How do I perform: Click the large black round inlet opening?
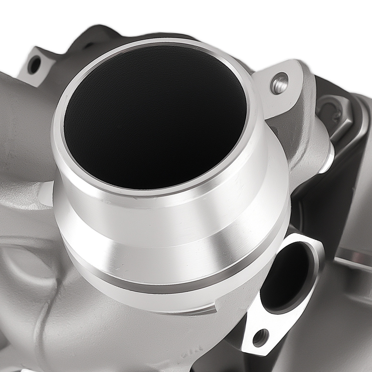coord(154,115)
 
